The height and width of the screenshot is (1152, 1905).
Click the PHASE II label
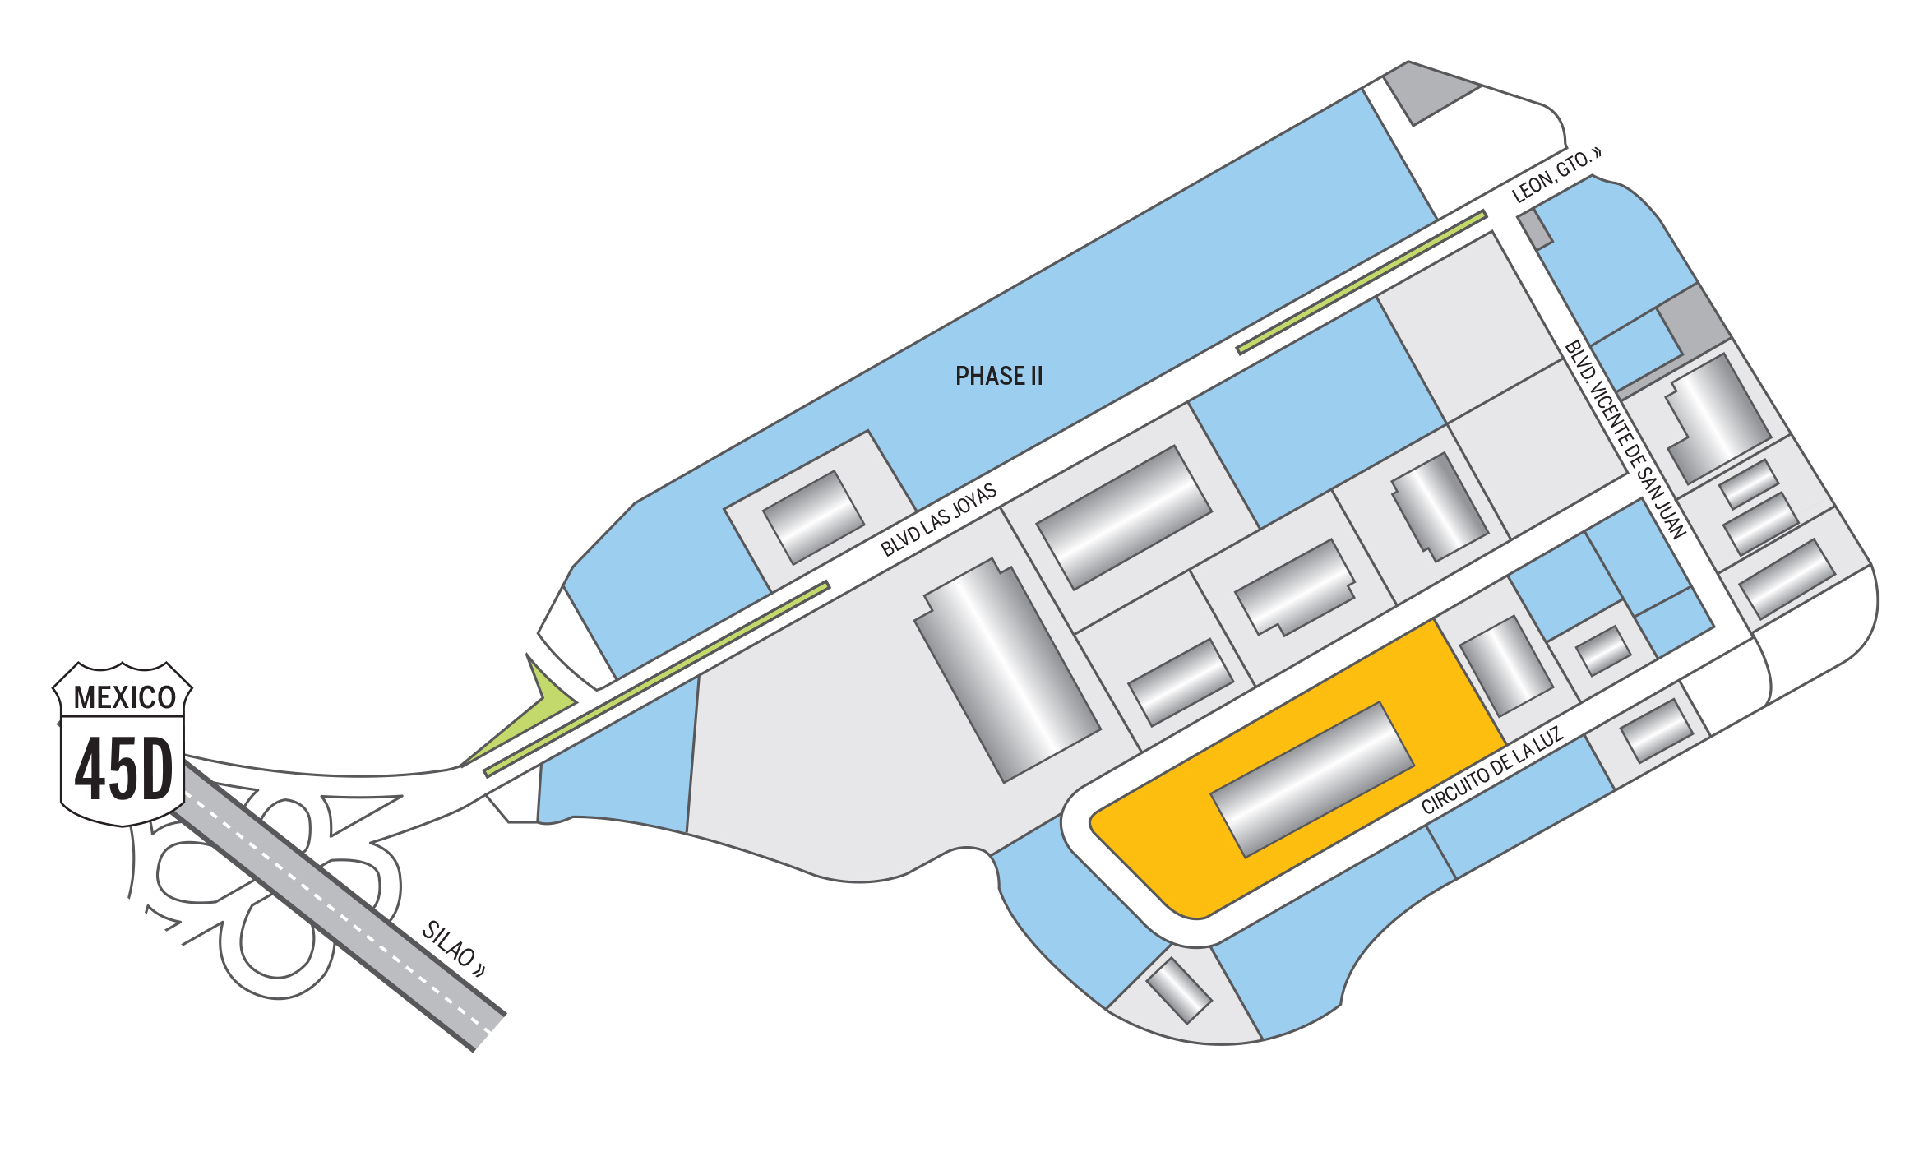[x=998, y=377]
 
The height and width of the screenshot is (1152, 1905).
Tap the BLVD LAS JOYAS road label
[x=938, y=520]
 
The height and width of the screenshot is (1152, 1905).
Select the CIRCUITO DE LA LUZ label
[x=1491, y=771]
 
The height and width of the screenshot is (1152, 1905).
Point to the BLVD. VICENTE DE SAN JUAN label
[x=1625, y=440]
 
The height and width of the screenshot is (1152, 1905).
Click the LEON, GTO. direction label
[x=1556, y=175]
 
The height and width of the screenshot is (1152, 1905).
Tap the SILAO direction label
[x=453, y=949]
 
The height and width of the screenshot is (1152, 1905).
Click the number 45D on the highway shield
[x=123, y=769]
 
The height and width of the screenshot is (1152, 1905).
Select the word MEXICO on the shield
[x=124, y=697]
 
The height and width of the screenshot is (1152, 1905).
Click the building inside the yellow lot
[x=1312, y=779]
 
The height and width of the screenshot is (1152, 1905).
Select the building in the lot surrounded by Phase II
[x=813, y=516]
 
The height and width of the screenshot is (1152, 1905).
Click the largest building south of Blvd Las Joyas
[x=1007, y=670]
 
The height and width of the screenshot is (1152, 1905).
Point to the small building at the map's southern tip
[x=1178, y=990]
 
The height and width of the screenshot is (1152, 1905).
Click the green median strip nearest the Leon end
[x=1362, y=282]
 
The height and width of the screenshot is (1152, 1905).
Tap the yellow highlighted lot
[x=1168, y=855]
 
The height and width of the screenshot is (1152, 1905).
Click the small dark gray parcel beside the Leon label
[x=1534, y=229]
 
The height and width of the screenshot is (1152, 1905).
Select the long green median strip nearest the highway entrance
[x=656, y=679]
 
